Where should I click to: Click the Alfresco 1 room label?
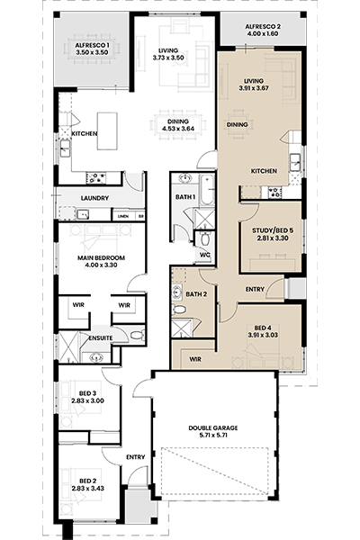pyautogui.click(x=92, y=45)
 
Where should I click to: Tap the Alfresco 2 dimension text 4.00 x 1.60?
pyautogui.click(x=263, y=34)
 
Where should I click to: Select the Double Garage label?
pyautogui.click(x=213, y=428)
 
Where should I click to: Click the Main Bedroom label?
pyautogui.click(x=101, y=258)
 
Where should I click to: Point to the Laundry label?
pyautogui.click(x=94, y=198)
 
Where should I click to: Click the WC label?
pyautogui.click(x=205, y=255)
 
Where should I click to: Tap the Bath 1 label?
pyautogui.click(x=185, y=197)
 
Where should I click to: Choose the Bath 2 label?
pyautogui.click(x=196, y=294)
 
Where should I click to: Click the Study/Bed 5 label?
pyautogui.click(x=273, y=230)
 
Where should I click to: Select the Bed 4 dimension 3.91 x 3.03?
pyautogui.click(x=263, y=335)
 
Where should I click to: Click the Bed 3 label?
pyautogui.click(x=87, y=393)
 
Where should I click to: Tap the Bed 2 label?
pyautogui.click(x=87, y=481)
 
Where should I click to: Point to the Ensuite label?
pyautogui.click(x=101, y=338)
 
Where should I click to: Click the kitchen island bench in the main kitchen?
pyautogui.click(x=107, y=130)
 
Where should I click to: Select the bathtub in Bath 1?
pyautogui.click(x=207, y=190)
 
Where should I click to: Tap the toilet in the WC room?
pyautogui.click(x=204, y=238)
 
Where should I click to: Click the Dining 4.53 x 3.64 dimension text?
pyautogui.click(x=178, y=129)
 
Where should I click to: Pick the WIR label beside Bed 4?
pyautogui.click(x=195, y=359)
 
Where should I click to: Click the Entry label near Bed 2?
pyautogui.click(x=135, y=457)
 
